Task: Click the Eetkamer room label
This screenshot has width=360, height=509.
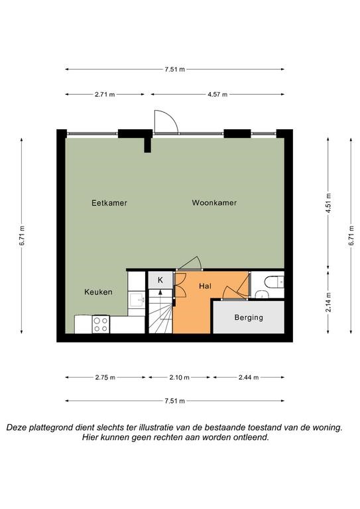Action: click(109, 203)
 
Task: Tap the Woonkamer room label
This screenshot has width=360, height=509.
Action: click(214, 203)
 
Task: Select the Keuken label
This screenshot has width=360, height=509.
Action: click(98, 292)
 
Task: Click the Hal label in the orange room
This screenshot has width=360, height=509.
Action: click(205, 286)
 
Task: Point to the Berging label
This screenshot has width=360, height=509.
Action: click(249, 317)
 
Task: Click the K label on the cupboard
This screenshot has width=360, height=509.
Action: click(160, 280)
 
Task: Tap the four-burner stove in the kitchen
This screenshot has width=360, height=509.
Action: click(101, 324)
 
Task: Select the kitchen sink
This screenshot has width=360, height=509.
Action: click(137, 300)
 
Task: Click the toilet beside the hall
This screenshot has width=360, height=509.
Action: click(274, 282)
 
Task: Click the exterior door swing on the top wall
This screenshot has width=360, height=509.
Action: click(166, 122)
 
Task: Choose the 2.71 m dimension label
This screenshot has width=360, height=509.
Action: click(105, 95)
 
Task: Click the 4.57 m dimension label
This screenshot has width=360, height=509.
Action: click(217, 95)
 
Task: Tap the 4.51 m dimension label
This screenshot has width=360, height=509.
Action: click(329, 203)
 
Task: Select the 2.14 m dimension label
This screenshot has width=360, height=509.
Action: click(329, 302)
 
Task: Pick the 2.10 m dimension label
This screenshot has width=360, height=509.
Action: click(179, 378)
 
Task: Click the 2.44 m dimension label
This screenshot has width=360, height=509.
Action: click(249, 378)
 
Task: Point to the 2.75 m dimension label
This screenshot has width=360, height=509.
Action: click(105, 378)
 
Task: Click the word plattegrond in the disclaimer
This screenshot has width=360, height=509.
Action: click(51, 427)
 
